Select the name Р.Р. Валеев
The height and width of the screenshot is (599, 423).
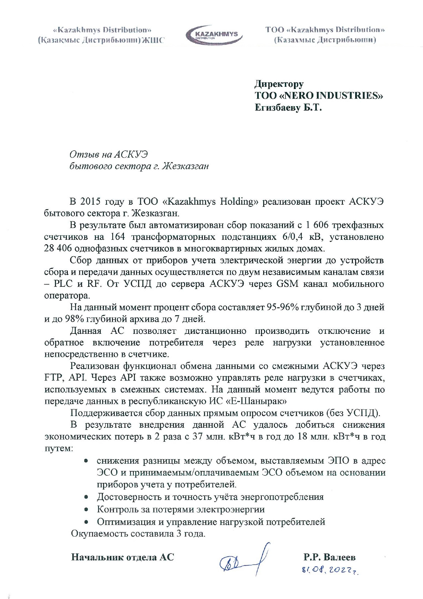(329, 557)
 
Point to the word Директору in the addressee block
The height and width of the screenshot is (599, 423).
(279, 84)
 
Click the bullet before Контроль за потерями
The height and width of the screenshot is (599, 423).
(86, 509)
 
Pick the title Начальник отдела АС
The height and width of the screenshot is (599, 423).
(123, 557)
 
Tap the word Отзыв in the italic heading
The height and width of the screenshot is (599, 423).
(84, 154)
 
